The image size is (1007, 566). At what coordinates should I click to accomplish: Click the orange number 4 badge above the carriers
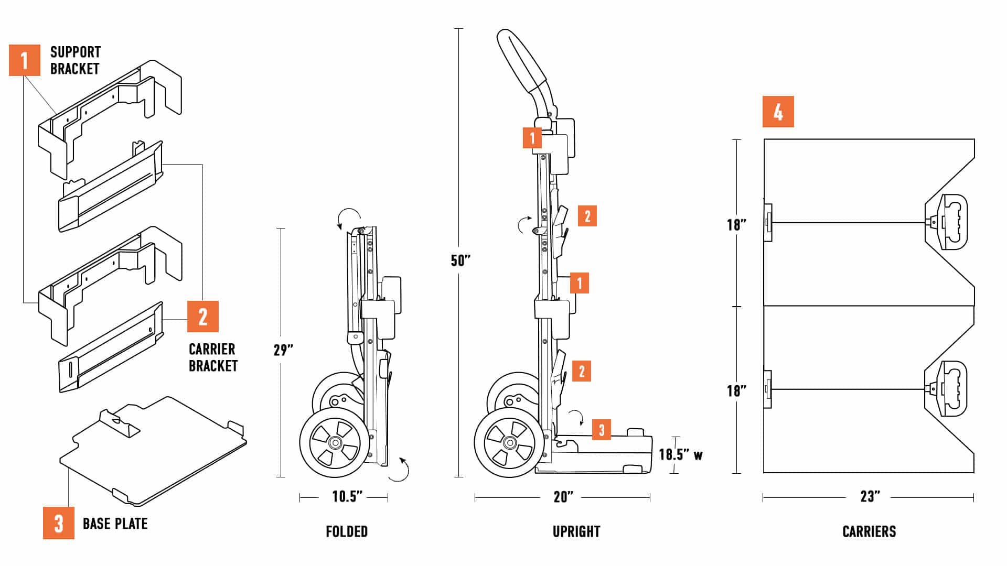pos(778,112)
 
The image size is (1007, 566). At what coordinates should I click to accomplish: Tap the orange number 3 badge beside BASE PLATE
pos(58,523)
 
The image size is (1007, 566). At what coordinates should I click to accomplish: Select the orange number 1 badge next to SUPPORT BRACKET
pos(24,60)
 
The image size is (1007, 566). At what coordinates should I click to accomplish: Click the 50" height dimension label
pos(460,260)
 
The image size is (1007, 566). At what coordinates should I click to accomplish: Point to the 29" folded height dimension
pos(283,350)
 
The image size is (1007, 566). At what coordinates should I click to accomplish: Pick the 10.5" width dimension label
pos(347,496)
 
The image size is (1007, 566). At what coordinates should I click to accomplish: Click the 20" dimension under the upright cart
pos(563,497)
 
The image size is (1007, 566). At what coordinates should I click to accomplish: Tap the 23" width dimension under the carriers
pos(870,496)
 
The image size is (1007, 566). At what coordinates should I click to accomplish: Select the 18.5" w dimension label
pos(680,454)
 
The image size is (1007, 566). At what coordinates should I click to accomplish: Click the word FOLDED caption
pos(347,531)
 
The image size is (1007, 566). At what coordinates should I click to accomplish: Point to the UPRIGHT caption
pos(576,531)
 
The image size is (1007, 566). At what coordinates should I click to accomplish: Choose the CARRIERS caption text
pos(869,531)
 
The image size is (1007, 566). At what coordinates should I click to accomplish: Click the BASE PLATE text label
pos(115,524)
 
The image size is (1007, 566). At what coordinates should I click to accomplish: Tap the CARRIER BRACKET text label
pos(213,357)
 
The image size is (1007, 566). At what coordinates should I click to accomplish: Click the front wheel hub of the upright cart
pos(509,443)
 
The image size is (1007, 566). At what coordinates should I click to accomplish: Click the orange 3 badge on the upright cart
pos(602,430)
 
